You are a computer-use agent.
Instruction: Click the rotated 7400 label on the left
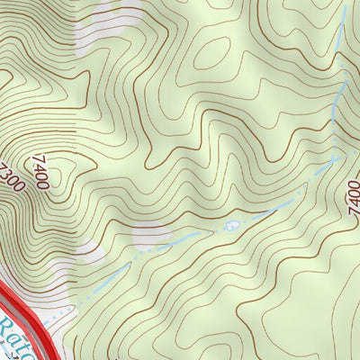click(x=39, y=172)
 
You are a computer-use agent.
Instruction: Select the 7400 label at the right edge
click(x=352, y=195)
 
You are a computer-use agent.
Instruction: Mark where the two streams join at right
click(x=335, y=157)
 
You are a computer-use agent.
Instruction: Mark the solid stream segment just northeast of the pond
click(x=261, y=213)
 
